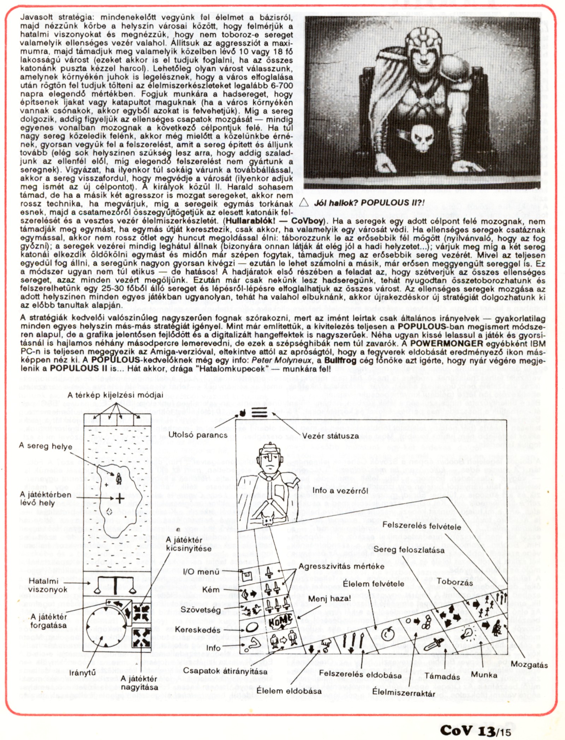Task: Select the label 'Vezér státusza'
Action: click(330, 436)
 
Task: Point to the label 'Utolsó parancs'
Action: click(198, 435)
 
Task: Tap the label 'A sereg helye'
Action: click(45, 446)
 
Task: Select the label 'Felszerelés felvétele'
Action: click(422, 526)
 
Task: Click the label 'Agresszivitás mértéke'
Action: click(341, 566)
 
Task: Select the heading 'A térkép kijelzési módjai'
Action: click(115, 395)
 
